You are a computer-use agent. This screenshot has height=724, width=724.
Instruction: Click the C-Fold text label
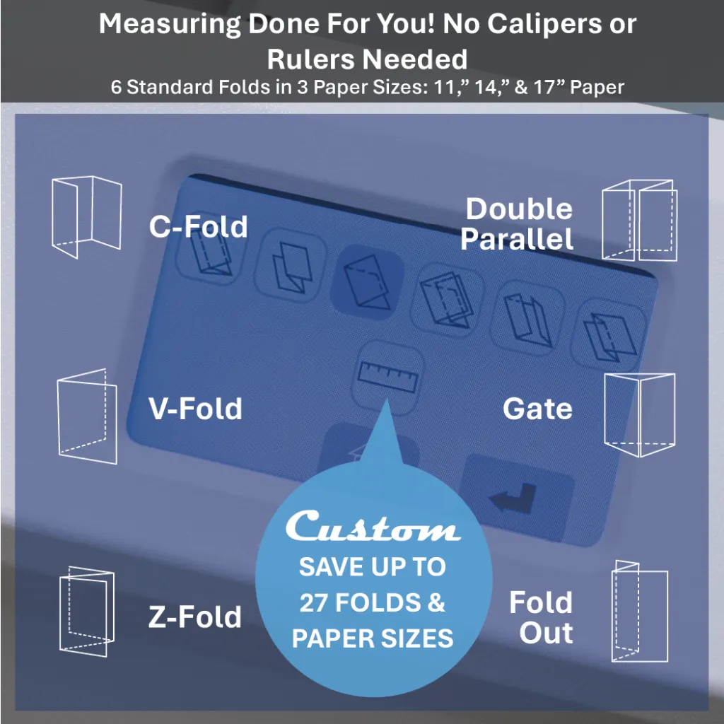tap(198, 227)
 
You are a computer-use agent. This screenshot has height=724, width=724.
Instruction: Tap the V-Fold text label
tap(195, 409)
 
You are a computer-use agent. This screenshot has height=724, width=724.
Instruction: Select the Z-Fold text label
tap(194, 617)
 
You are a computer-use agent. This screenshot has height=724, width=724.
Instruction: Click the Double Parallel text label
tap(518, 224)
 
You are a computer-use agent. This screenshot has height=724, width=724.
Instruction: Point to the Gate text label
tap(537, 409)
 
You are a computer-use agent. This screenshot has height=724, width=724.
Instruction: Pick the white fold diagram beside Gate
tap(639, 415)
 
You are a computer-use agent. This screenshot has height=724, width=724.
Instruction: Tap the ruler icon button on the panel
tap(387, 376)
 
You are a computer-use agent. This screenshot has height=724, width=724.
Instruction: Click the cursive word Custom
tap(373, 527)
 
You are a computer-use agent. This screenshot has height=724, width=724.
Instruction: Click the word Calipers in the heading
tap(532, 25)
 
